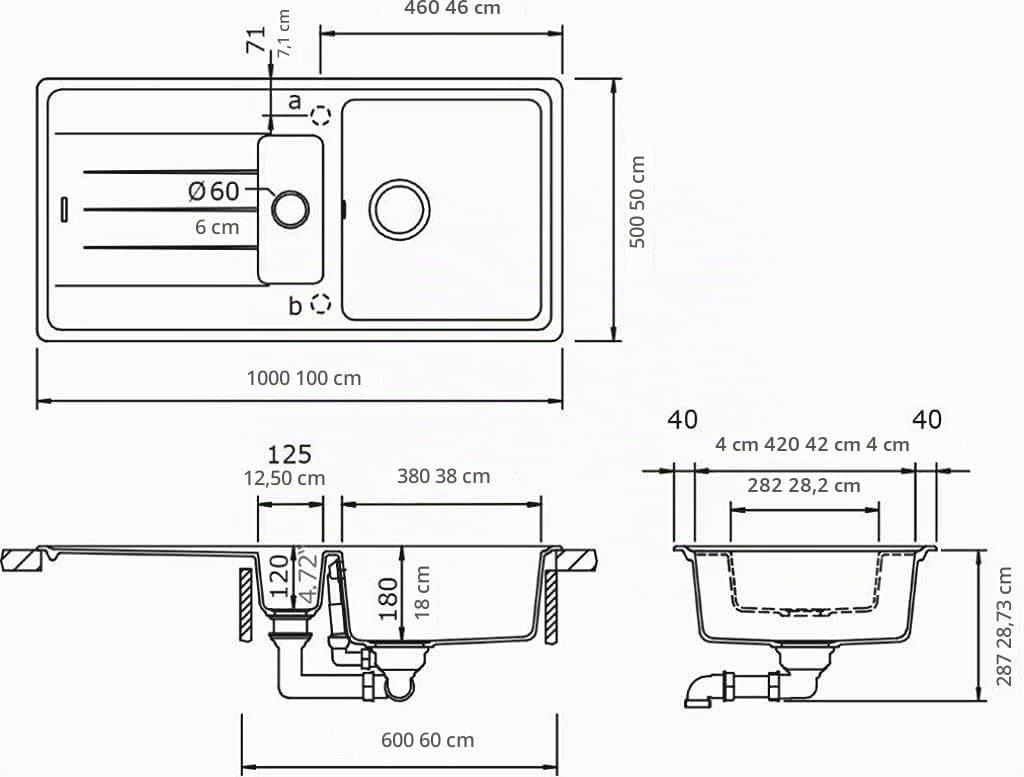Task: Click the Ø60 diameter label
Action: [214, 191]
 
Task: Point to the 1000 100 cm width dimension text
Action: [304, 378]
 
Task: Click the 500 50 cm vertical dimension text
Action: [637, 202]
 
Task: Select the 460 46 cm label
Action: [452, 8]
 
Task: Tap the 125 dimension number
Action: [289, 454]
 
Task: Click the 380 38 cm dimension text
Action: [443, 476]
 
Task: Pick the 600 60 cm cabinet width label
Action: [428, 740]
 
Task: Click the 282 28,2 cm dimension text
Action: [804, 486]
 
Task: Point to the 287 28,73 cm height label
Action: [1004, 626]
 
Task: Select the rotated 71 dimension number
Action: [256, 39]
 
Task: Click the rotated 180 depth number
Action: [388, 599]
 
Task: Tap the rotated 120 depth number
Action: [279, 575]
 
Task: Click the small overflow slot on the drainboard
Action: [64, 209]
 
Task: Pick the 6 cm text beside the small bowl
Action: [217, 227]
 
